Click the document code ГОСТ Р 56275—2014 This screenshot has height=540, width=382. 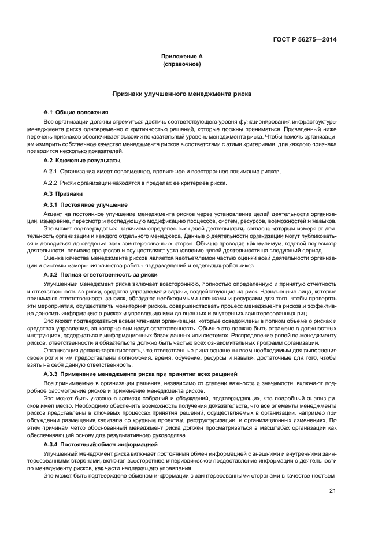pyautogui.click(x=305, y=39)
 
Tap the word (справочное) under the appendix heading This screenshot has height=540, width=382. pyautogui.click(x=182, y=64)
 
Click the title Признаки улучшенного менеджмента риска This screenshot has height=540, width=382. pyautogui.click(x=182, y=93)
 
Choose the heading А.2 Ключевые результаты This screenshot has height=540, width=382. pyautogui.click(x=82, y=160)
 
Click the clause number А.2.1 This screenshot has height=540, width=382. pyautogui.click(x=51, y=172)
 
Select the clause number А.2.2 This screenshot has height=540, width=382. pyautogui.click(x=51, y=183)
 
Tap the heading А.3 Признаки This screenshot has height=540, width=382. pyautogui.click(x=63, y=195)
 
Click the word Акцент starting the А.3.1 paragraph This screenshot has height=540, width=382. pyautogui.click(x=54, y=214)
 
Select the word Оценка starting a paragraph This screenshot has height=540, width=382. pyautogui.click(x=54, y=258)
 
